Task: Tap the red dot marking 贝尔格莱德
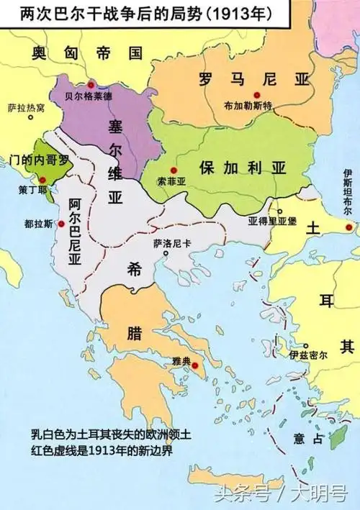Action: pos(91,85)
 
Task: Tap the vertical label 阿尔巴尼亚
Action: pos(73,231)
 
